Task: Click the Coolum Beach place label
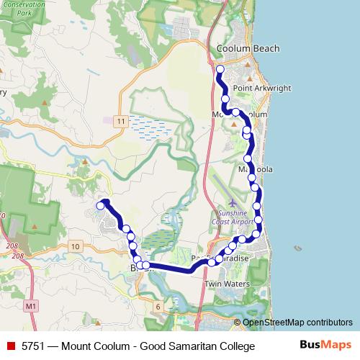pyautogui.click(x=248, y=49)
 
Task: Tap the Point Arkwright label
pyautogui.click(x=264, y=88)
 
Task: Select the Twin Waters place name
pyautogui.click(x=227, y=284)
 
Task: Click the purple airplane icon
pyautogui.click(x=231, y=204)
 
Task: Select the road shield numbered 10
pyautogui.click(x=76, y=247)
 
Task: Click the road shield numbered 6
pyautogui.click(x=158, y=307)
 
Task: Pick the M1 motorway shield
pyautogui.click(x=30, y=307)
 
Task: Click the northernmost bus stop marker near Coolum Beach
pyautogui.click(x=220, y=69)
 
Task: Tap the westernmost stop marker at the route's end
pyautogui.click(x=100, y=206)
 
